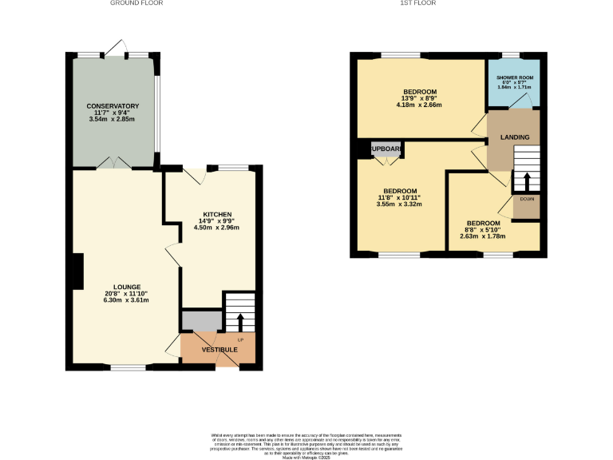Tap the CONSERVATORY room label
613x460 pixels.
point(113,105)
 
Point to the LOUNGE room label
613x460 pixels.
point(127,287)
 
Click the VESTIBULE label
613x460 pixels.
point(219,350)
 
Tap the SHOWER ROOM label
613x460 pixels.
point(515,77)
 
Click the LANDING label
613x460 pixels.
point(514,137)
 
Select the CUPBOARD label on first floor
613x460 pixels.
point(386,149)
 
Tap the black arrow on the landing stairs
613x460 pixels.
point(526,179)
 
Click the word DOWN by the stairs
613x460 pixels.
point(527,198)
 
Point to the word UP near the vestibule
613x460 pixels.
point(240,340)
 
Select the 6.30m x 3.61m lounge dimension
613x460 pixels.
point(127,302)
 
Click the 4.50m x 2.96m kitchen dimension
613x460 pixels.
point(217,228)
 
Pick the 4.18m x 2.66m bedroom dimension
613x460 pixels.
point(419,105)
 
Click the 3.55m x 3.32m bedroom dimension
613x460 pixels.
point(400,204)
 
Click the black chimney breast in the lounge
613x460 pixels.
point(77,271)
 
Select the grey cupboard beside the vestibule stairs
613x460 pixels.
point(200,321)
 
